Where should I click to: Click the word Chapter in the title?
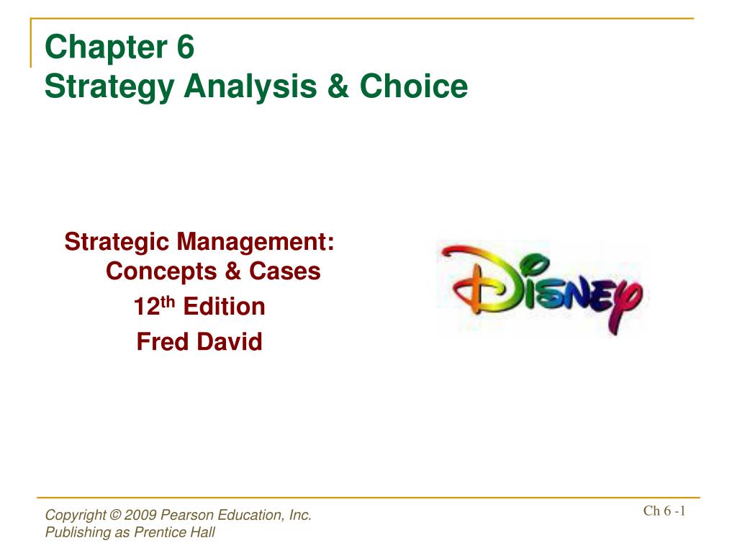coord(107,47)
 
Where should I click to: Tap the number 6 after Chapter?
coord(186,47)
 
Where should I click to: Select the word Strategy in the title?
coord(109,87)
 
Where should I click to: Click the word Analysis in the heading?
coord(250,87)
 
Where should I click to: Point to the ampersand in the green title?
coord(338,86)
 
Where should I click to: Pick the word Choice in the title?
coord(414,86)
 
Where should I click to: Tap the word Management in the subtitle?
coord(256,243)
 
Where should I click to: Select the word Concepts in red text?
coord(161,271)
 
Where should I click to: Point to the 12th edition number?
coord(154,306)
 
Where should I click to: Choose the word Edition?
coord(225,306)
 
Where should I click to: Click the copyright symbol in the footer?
coord(115,515)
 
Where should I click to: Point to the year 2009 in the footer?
coord(140,515)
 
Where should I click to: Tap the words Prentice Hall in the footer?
coord(174,532)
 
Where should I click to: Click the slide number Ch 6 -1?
coord(664,511)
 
